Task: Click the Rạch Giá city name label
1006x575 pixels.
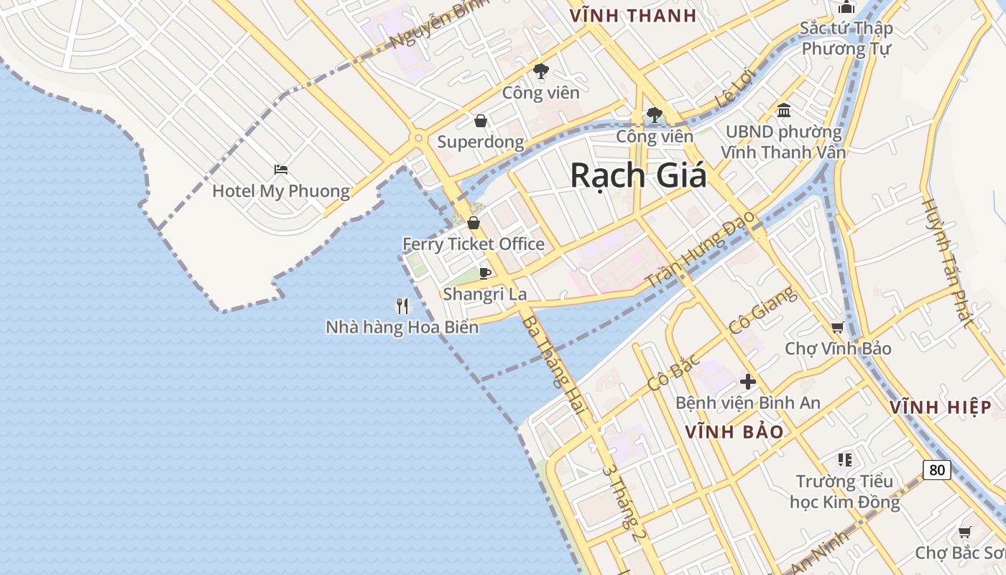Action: [x=638, y=175]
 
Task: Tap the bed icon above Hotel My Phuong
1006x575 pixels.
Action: [x=281, y=170]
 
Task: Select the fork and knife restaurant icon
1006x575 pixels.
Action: [x=402, y=306]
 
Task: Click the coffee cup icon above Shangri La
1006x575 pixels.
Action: [x=485, y=273]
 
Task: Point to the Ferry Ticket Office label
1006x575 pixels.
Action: [x=473, y=244]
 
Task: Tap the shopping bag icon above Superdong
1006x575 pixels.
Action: [x=481, y=121]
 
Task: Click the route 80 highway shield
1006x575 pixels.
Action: [x=936, y=470]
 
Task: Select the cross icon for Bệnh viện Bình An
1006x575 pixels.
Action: [x=748, y=382]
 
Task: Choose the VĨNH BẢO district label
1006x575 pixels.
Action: [x=734, y=432]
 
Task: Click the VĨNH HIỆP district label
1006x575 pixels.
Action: [x=941, y=408]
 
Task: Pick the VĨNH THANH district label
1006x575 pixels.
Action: [x=632, y=16]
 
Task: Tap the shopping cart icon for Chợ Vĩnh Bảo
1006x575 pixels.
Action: [x=837, y=328]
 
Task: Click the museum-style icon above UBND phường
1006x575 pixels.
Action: [x=784, y=111]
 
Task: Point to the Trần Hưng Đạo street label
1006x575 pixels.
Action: [x=701, y=249]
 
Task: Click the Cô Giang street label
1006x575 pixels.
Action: [x=762, y=310]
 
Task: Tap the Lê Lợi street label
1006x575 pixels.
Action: [x=733, y=92]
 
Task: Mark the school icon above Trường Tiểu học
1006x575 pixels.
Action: [x=844, y=459]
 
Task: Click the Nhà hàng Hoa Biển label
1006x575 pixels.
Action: [x=402, y=327]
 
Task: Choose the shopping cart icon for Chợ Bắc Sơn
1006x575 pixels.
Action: [x=965, y=533]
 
